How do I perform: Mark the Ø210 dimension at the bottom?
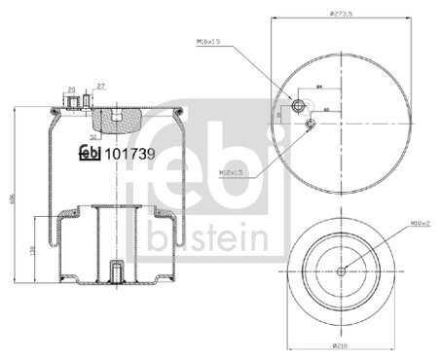tap(342, 345)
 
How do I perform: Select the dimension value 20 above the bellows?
tap(72, 90)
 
